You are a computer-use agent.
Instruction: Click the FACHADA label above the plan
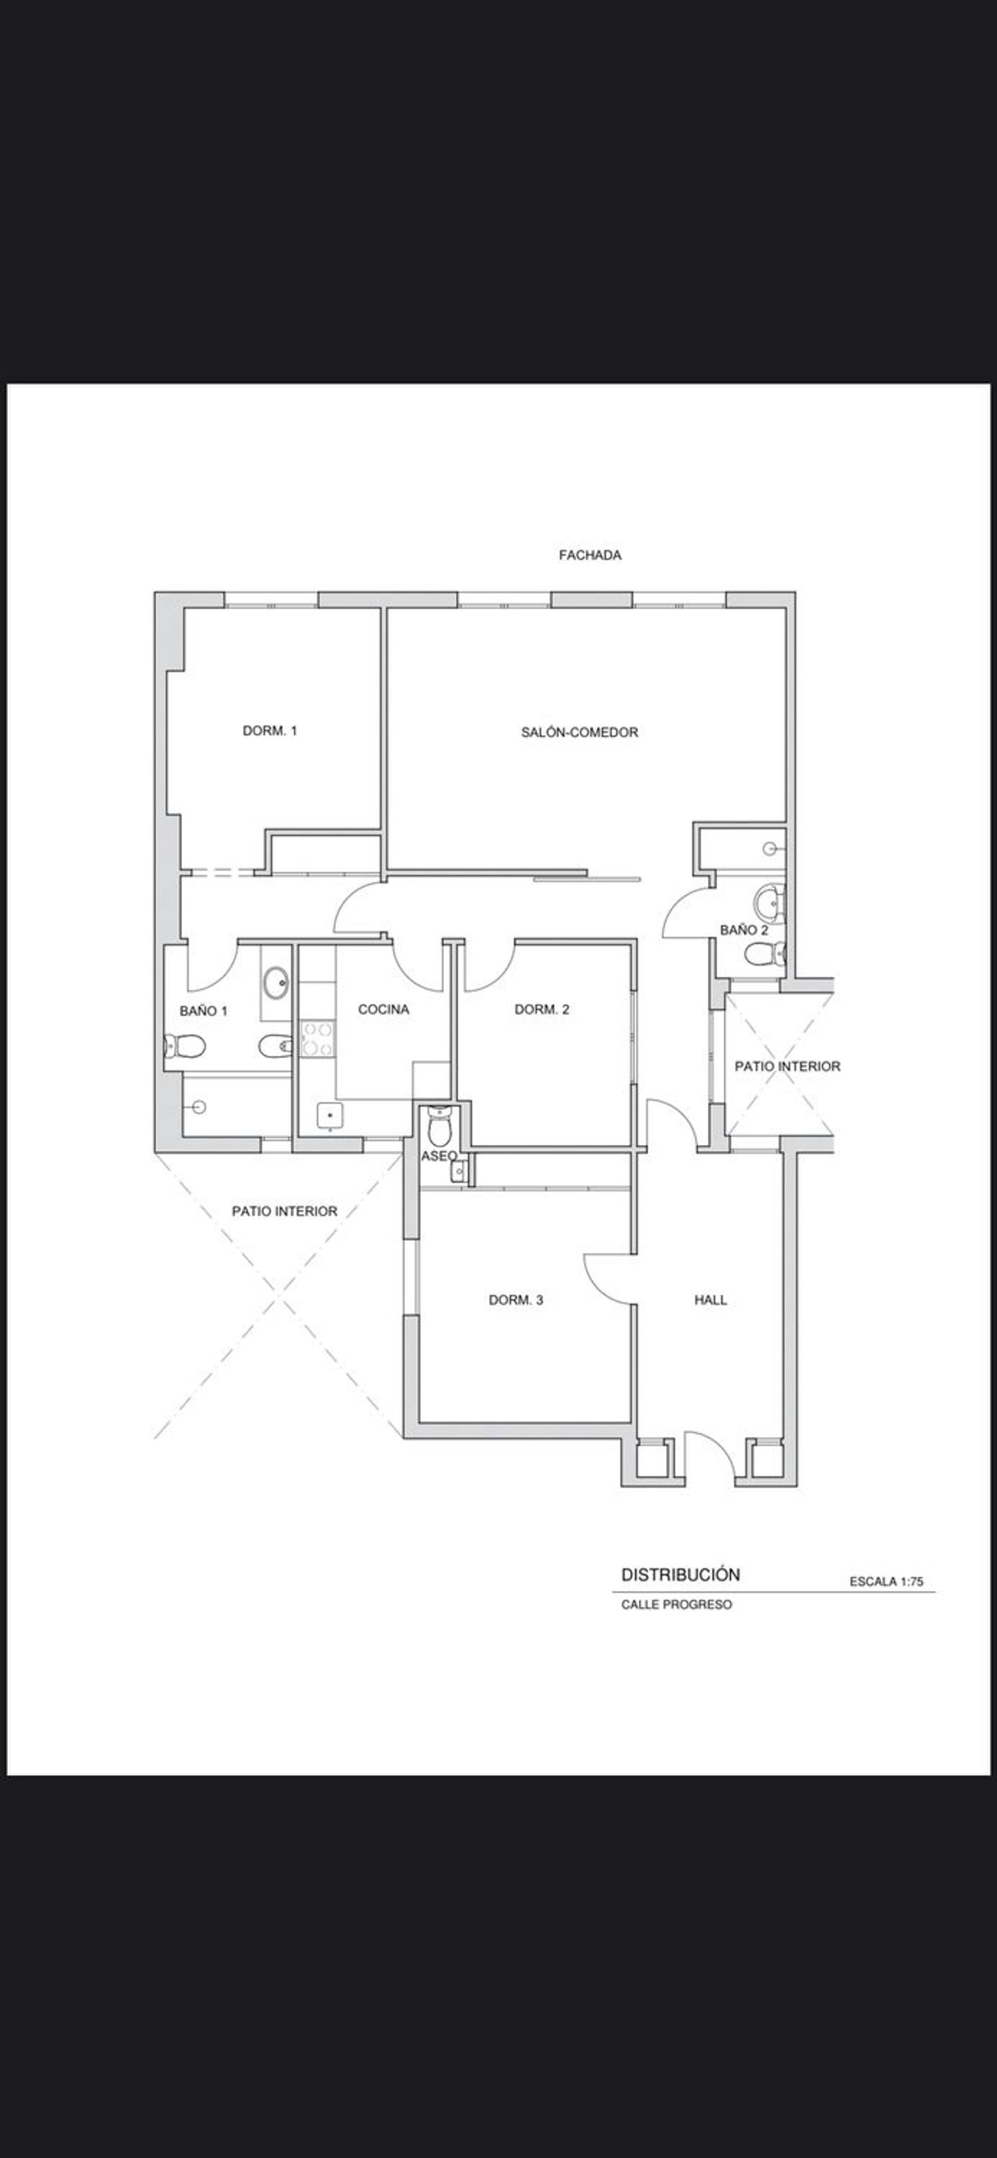(590, 554)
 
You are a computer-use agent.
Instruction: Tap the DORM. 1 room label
(270, 730)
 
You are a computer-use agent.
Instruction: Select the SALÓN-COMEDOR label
(580, 732)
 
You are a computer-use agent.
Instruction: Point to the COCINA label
(384, 1010)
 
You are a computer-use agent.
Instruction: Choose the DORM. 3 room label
(516, 1300)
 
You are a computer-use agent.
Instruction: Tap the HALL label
(711, 1300)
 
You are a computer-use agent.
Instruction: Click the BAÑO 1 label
(203, 1011)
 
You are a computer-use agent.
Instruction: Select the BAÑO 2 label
(744, 930)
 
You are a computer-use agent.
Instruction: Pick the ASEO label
(439, 1156)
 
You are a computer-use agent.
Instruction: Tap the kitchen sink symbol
(330, 1117)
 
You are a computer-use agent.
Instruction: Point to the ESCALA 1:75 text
(887, 1582)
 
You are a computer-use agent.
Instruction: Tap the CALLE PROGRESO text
(676, 1604)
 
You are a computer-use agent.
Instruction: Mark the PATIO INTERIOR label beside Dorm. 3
(285, 1212)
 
